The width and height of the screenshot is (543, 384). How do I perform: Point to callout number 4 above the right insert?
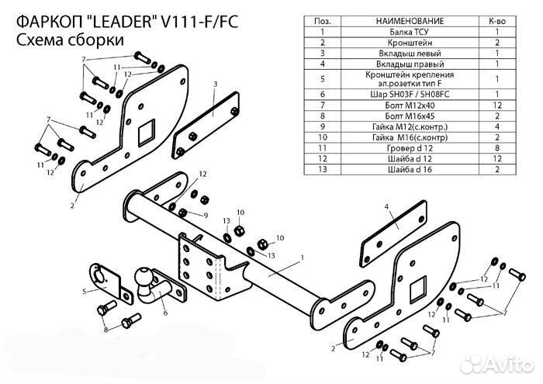385,206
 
